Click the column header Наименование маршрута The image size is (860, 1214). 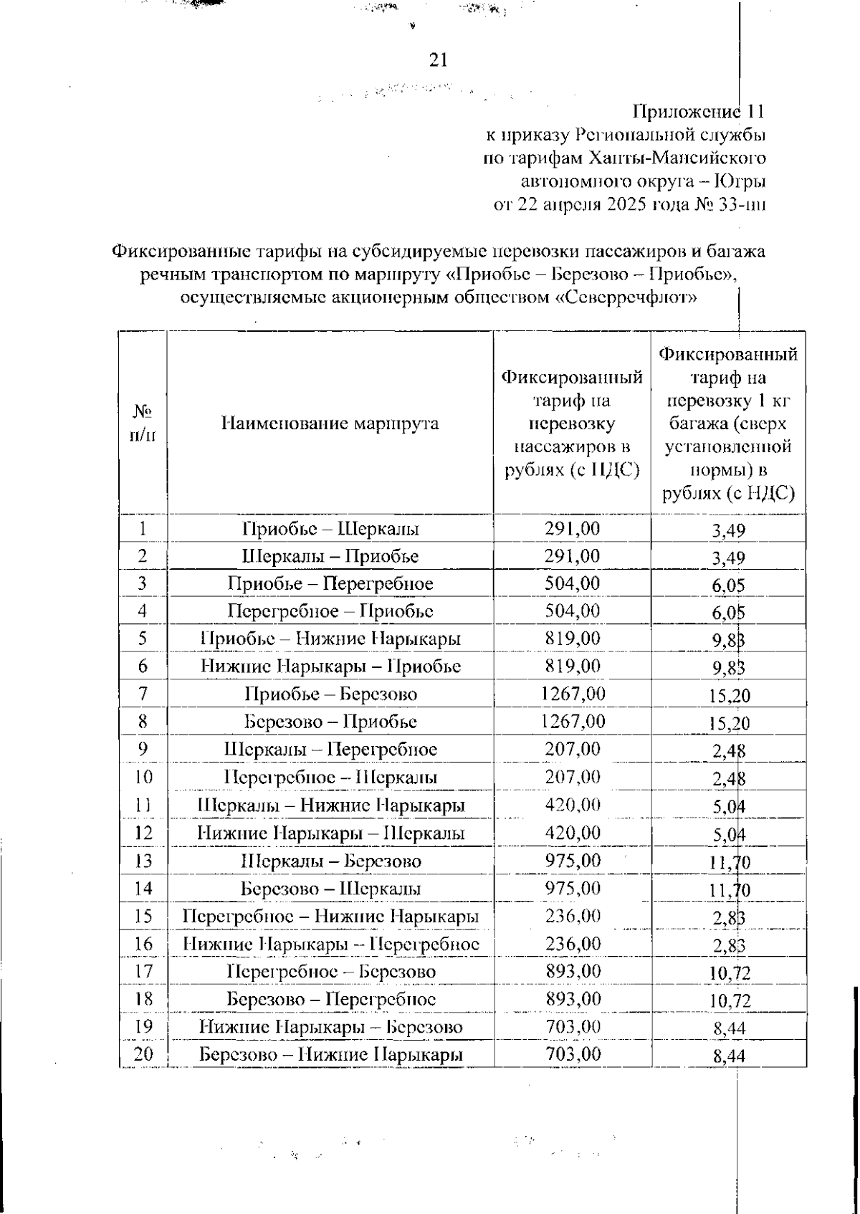coord(330,424)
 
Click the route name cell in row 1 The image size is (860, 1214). coord(330,530)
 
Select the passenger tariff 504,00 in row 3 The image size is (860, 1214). coord(572,583)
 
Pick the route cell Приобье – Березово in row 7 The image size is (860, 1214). coord(330,694)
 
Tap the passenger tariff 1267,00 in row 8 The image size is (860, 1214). coord(572,721)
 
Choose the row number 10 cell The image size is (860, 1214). coord(143,777)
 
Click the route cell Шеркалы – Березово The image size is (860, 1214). coord(330,861)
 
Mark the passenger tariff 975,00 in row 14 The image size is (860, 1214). coord(572,888)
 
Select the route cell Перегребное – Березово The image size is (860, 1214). coord(330,972)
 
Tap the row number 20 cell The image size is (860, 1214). coord(143,1054)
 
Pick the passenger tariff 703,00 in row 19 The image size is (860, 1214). coord(572,1026)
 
